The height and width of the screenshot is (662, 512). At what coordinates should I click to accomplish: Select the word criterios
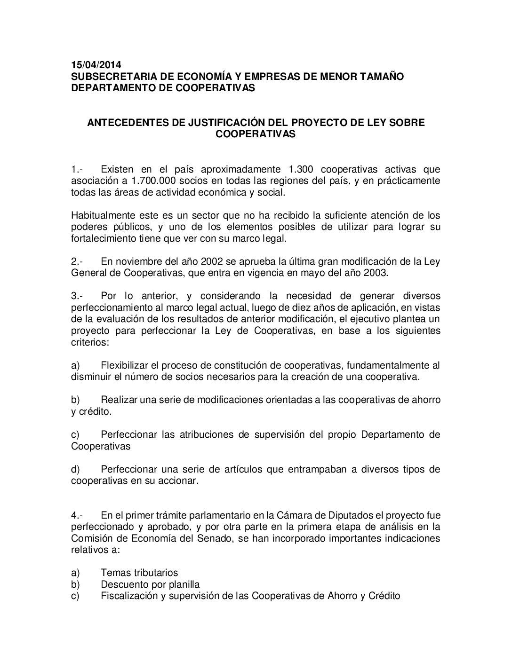[x=89, y=342]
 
